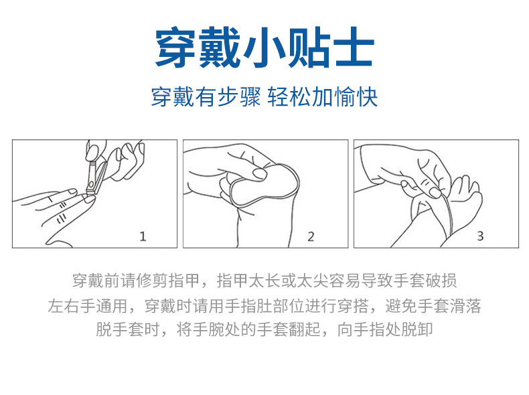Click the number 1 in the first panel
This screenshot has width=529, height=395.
(142, 236)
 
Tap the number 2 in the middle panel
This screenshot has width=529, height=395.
(310, 236)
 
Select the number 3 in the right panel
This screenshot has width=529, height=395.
(480, 236)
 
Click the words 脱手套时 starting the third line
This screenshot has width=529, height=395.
(124, 331)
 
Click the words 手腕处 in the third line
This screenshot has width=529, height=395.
(217, 331)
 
